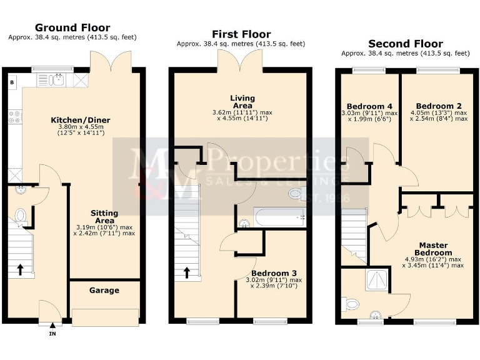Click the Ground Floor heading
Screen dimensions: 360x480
pyautogui.click(x=72, y=27)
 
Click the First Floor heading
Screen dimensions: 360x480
pyautogui.click(x=241, y=34)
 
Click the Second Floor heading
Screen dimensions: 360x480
pyautogui.click(x=405, y=44)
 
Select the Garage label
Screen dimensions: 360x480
pyautogui.click(x=104, y=290)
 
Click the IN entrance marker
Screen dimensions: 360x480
pyautogui.click(x=52, y=334)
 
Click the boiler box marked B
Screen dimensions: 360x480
pyautogui.click(x=12, y=82)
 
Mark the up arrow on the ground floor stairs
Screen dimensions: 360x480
pyautogui.click(x=20, y=269)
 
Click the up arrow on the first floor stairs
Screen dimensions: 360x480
pyautogui.click(x=186, y=273)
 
